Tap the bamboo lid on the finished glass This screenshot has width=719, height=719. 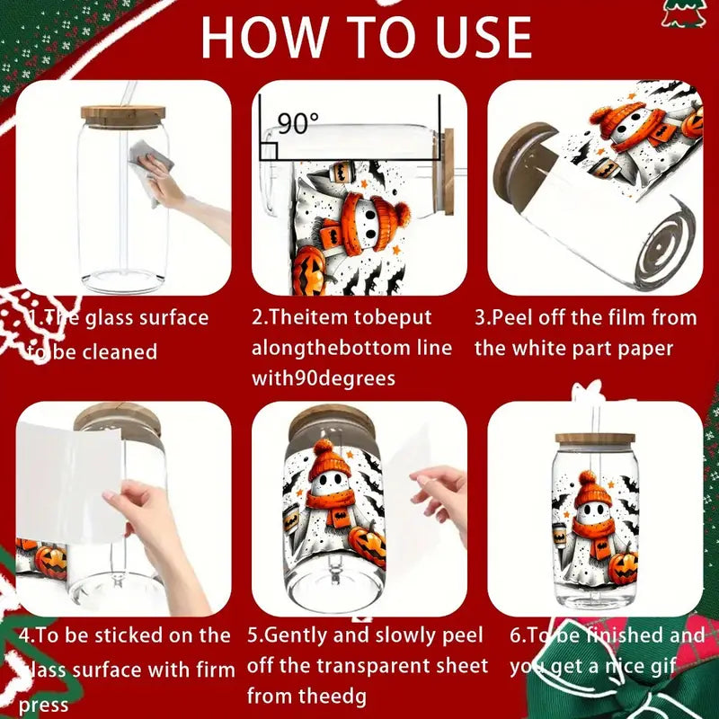(594, 439)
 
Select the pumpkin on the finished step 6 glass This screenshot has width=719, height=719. (622, 568)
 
